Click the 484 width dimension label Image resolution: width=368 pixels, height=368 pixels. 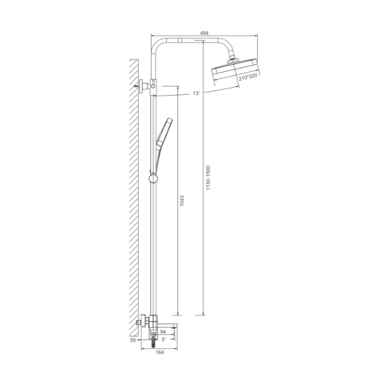204,33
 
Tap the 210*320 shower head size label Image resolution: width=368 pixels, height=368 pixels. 248,77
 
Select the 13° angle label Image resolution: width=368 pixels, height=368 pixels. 197,93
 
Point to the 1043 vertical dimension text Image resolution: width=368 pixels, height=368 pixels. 182,200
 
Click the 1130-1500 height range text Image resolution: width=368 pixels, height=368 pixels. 208,178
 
